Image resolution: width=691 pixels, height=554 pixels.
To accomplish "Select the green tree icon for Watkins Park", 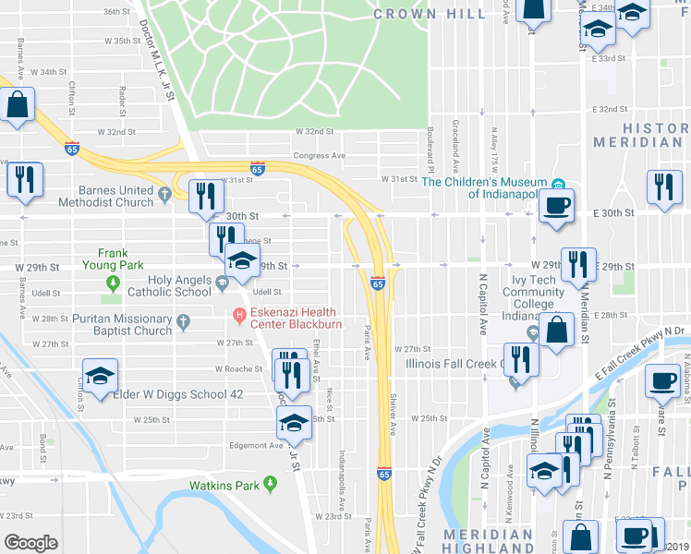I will [270, 483].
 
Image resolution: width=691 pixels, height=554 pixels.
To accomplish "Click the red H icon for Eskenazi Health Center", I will [239, 316].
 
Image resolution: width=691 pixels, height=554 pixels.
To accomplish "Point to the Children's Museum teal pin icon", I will [558, 182].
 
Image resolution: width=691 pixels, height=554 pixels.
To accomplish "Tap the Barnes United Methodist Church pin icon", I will [164, 195].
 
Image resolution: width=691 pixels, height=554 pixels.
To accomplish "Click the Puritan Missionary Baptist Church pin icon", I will [183, 323].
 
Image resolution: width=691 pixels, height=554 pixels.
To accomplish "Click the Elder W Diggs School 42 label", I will [177, 394].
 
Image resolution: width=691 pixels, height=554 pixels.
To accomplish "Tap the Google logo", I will [30, 543].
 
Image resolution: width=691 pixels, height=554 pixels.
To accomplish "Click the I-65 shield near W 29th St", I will [378, 283].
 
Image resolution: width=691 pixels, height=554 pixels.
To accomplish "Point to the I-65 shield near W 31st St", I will [258, 168].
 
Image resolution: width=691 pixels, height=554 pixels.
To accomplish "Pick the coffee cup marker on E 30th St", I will [556, 205].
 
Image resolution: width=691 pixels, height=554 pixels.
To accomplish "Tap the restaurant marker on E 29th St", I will [578, 264].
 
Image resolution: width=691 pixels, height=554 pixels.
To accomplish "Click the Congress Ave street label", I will [319, 156].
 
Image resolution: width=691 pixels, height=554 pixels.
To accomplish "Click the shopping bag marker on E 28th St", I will [557, 330].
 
